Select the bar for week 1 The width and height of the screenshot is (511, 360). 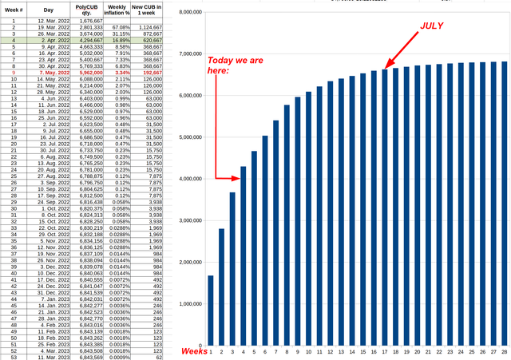click(211, 311)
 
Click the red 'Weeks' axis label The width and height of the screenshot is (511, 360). click(194, 350)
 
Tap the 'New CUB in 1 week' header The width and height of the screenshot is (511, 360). click(149, 10)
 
